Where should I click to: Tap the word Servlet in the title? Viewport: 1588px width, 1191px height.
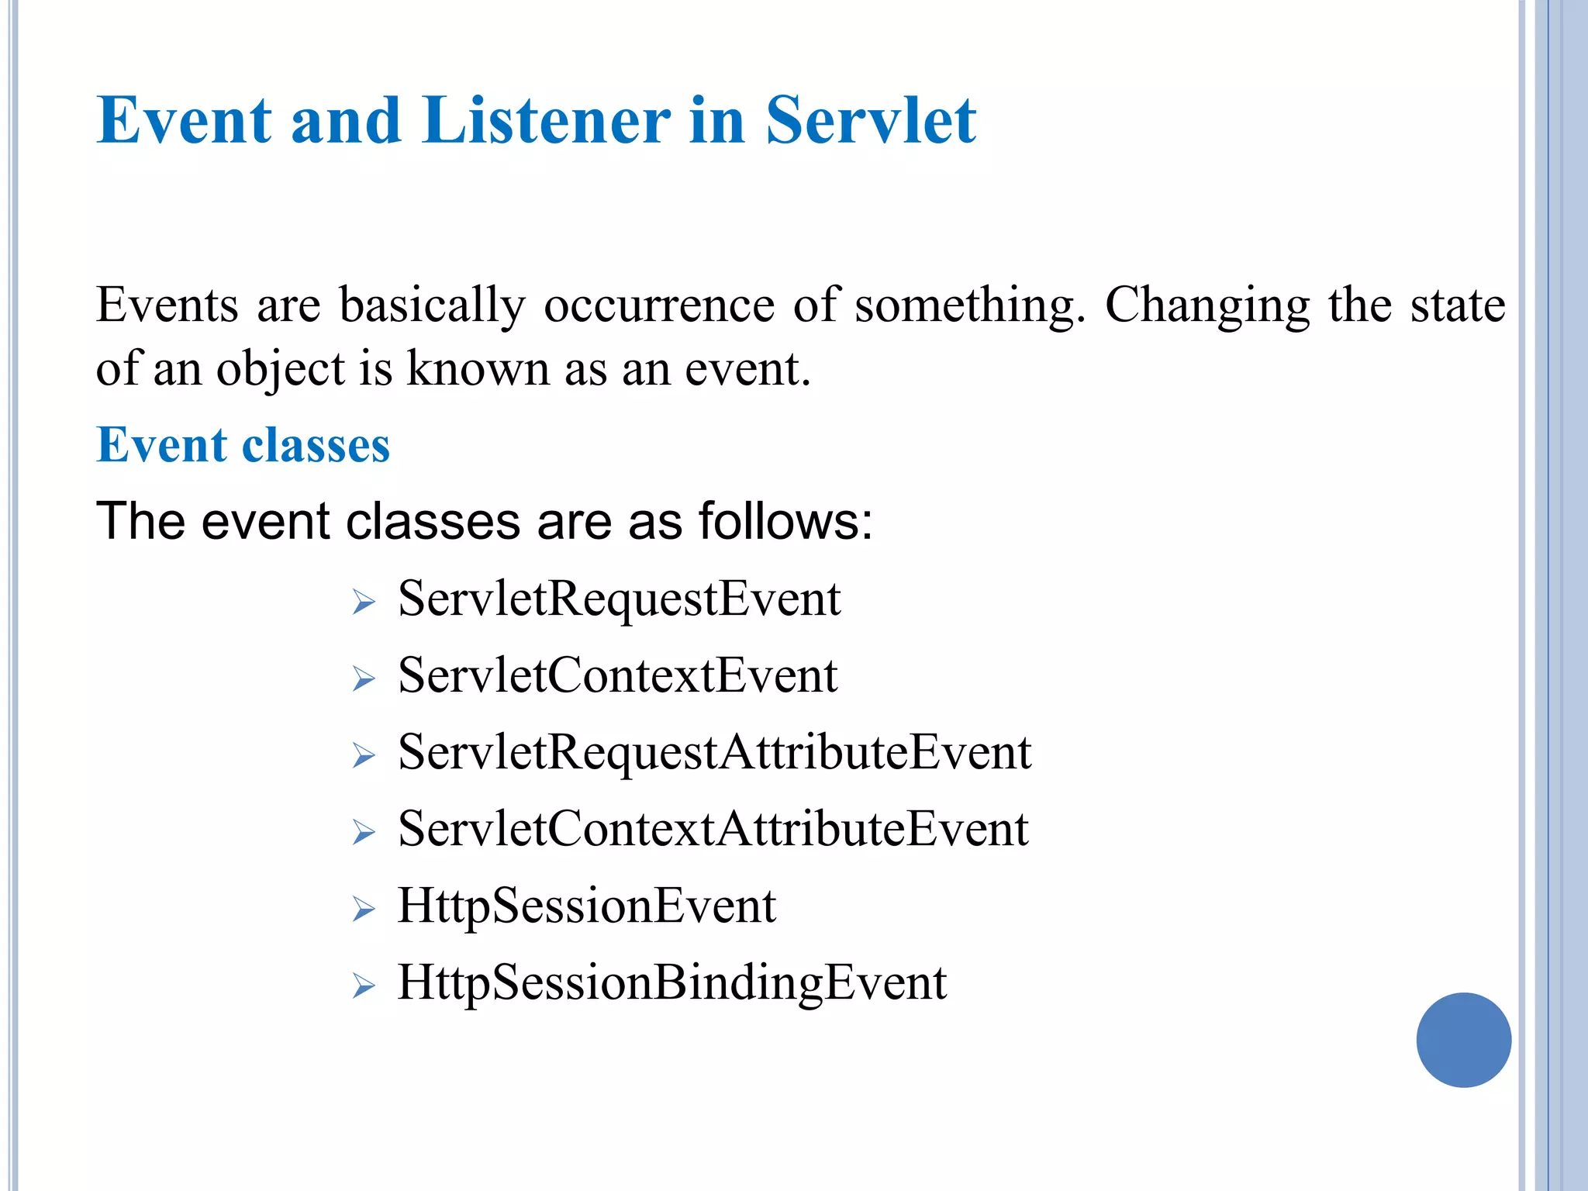pyautogui.click(x=870, y=120)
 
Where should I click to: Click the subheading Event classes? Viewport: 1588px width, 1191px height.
pyautogui.click(x=243, y=445)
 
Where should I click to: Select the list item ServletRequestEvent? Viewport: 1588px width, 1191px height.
pyautogui.click(x=619, y=599)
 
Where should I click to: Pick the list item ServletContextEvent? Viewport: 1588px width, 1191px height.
pyautogui.click(x=617, y=675)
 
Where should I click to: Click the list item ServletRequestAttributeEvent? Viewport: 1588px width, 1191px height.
pyautogui.click(x=714, y=752)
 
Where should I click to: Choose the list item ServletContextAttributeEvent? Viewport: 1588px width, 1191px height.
pyautogui.click(x=713, y=829)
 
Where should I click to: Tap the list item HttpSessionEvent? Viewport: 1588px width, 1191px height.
pyautogui.click(x=586, y=906)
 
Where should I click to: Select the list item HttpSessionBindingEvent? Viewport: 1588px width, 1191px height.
pyautogui.click(x=671, y=982)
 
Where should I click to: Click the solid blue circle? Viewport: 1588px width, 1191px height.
pyautogui.click(x=1463, y=1040)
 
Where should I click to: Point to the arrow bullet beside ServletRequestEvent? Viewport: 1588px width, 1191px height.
pyautogui.click(x=363, y=602)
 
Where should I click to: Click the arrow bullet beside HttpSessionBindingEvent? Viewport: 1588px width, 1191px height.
pyautogui.click(x=363, y=986)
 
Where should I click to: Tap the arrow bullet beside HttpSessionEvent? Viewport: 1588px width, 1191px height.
pyautogui.click(x=363, y=910)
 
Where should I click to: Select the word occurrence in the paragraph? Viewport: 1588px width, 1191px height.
pyautogui.click(x=658, y=305)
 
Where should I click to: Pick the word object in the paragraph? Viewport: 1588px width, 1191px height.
pyautogui.click(x=280, y=370)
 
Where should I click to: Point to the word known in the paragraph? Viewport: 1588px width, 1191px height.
pyautogui.click(x=478, y=368)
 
